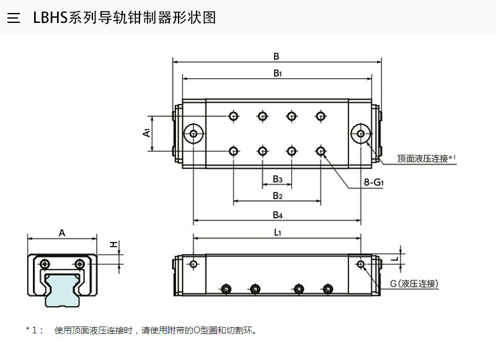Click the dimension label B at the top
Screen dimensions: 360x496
coord(276,56)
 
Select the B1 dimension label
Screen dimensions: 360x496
coord(278,73)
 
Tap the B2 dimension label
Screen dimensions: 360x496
coord(278,196)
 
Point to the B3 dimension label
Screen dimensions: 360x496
coord(278,179)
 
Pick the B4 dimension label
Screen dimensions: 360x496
coord(278,215)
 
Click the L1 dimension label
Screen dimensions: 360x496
coord(278,232)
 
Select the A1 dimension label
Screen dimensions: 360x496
coord(146,133)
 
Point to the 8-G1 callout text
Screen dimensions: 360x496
coord(374,183)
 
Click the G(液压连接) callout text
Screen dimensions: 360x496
coord(414,284)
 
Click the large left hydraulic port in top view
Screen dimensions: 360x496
coord(195,133)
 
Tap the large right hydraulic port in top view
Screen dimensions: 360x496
coord(360,133)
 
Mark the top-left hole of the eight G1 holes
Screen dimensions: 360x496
coord(234,116)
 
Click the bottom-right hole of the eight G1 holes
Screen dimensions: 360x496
coord(321,151)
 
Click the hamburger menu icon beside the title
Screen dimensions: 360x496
coord(14,17)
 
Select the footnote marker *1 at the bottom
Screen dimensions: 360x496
coord(34,330)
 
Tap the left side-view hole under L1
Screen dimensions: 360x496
coord(194,265)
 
